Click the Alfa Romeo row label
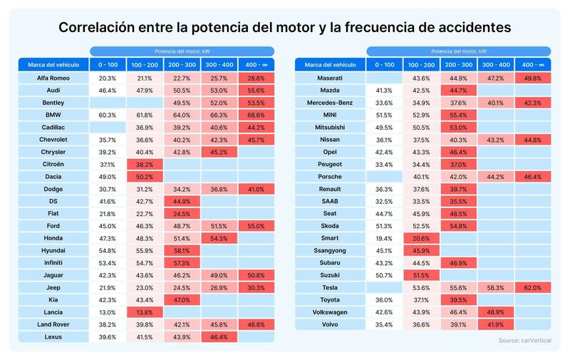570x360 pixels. coord(53,77)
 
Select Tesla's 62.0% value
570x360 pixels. coord(532,287)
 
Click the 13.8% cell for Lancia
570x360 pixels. coord(145,312)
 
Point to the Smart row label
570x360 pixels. coord(331,237)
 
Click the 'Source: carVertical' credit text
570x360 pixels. coord(524,341)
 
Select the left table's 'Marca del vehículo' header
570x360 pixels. coord(53,64)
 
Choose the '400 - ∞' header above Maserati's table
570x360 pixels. coord(532,64)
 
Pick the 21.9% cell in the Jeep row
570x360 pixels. coord(108,287)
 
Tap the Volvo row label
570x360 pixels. coord(331,324)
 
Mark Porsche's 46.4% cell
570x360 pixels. coord(532,176)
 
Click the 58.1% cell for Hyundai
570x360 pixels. coord(182,250)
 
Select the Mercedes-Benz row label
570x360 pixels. coord(331,102)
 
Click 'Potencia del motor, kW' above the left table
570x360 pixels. coord(182,51)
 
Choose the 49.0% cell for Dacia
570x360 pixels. coord(108,176)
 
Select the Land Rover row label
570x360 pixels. coord(53,324)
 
